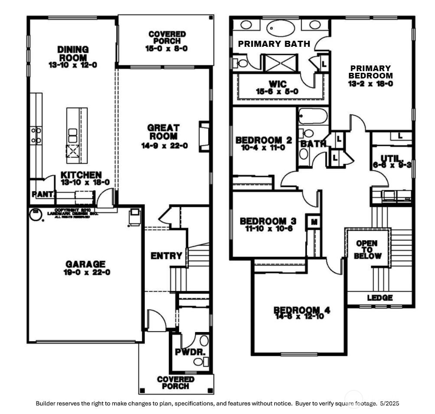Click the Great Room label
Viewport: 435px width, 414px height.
164,132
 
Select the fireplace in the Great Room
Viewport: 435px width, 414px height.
203,137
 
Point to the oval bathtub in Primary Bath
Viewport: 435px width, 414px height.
279,27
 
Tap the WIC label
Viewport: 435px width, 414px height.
278,83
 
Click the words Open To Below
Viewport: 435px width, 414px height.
366,250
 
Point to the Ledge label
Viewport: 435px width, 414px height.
380,298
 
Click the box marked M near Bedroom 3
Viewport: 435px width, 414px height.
314,222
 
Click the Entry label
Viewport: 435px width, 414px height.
167,256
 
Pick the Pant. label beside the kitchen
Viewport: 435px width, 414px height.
42,195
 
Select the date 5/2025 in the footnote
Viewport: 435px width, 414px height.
389,403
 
